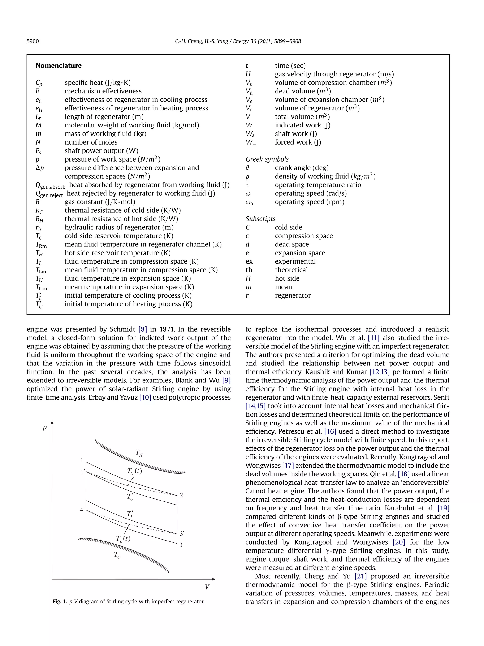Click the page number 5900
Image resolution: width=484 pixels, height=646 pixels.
33,41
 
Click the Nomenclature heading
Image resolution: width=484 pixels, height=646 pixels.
58,66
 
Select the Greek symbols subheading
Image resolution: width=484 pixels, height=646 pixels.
267,159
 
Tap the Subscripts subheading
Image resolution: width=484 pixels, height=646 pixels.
260,219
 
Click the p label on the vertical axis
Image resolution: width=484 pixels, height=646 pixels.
45,428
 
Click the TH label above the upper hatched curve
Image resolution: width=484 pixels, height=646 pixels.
139,453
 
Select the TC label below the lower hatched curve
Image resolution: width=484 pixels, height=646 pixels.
117,555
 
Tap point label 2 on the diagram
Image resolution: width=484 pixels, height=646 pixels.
181,495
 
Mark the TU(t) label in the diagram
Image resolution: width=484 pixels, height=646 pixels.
134,471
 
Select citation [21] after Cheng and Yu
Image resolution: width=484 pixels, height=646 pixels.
361,576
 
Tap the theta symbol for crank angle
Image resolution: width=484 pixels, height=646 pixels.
247,168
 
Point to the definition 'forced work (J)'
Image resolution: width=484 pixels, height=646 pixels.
298,142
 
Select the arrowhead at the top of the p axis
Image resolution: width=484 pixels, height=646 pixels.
52,422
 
